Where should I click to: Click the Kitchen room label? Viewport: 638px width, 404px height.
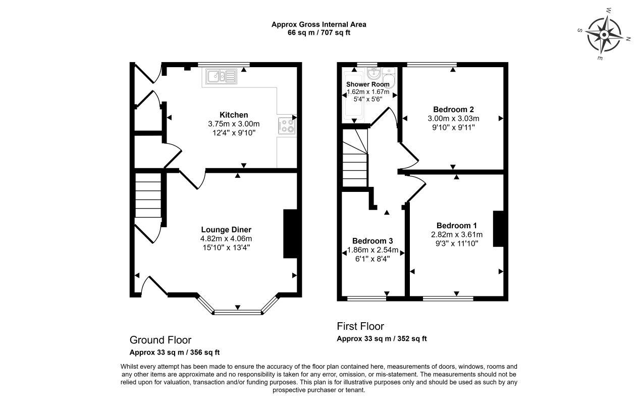(x=234, y=115)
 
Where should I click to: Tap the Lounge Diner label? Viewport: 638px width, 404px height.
(x=226, y=230)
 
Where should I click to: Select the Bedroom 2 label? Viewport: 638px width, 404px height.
(x=453, y=110)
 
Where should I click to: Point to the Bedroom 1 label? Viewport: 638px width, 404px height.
(x=457, y=226)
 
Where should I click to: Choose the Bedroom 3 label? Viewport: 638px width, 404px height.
(x=373, y=241)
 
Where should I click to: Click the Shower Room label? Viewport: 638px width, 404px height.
(x=367, y=84)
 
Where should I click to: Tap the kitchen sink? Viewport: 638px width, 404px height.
(x=221, y=76)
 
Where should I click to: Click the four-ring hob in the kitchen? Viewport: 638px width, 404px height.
(x=287, y=126)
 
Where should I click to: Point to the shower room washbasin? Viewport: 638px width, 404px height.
(x=373, y=74)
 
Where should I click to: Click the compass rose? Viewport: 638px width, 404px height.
(x=604, y=35)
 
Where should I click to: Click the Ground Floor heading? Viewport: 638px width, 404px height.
(x=161, y=340)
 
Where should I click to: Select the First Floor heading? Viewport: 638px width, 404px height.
(x=360, y=326)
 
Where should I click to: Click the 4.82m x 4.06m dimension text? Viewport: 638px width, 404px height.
(x=226, y=238)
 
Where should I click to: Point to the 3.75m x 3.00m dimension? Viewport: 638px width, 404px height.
(x=234, y=124)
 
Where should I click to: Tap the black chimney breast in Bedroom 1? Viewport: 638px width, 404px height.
(x=499, y=228)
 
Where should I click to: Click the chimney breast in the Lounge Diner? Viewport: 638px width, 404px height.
(x=290, y=234)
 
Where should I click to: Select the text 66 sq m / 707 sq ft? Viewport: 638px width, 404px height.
(x=318, y=32)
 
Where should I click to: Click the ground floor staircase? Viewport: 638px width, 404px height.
(x=148, y=195)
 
